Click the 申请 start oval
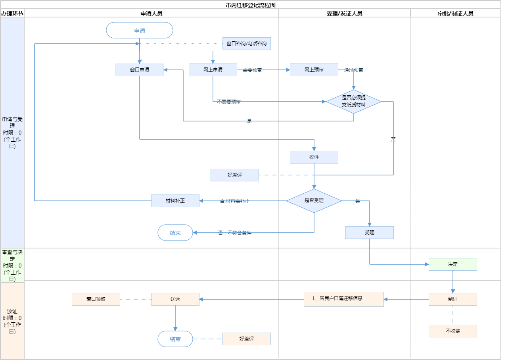pos(140,30)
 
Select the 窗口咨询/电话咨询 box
pos(247,44)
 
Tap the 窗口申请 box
pos(140,70)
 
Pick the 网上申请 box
pos(213,70)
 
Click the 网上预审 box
pos(314,70)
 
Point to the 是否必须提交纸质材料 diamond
pos(354,102)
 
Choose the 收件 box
pos(314,157)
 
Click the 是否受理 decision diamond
pos(314,201)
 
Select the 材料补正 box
pos(175,201)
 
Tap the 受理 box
pos(370,233)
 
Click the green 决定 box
pos(453,264)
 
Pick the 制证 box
pos(453,299)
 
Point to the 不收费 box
pos(453,331)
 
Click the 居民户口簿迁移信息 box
pos(344,299)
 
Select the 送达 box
pos(175,299)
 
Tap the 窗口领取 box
pos(96,299)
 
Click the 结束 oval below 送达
pos(175,339)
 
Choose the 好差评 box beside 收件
pos(235,175)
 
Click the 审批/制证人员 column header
pos(456,13)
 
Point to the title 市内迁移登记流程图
pos(251,5)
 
